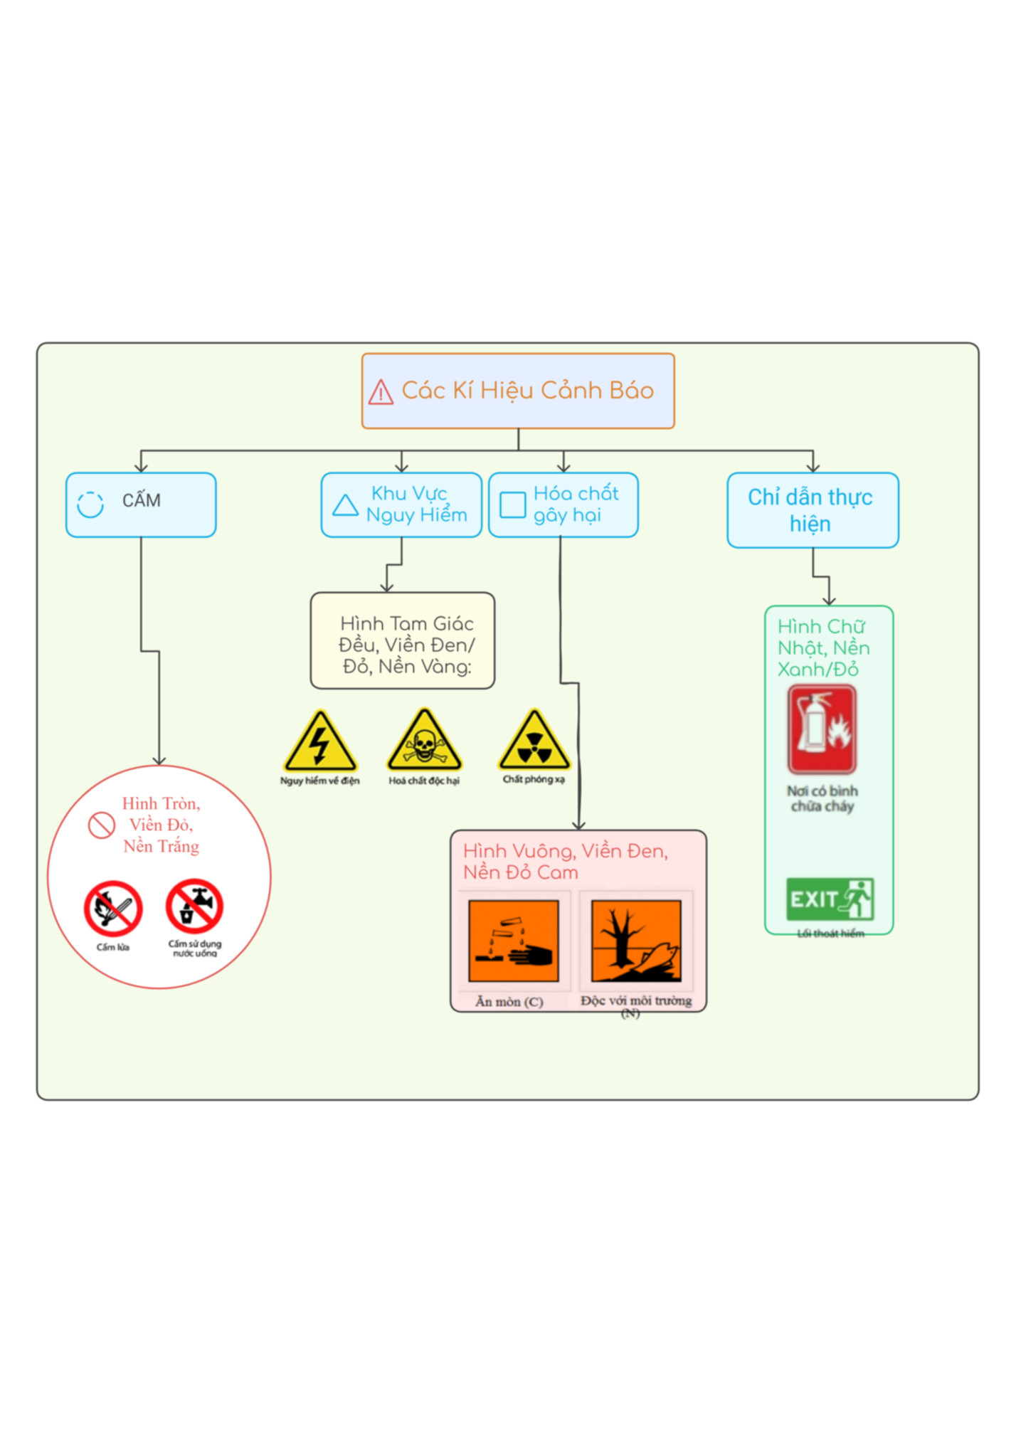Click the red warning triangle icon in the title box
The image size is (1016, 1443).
click(381, 392)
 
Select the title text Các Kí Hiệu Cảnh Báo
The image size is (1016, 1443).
click(528, 391)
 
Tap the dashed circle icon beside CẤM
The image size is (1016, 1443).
click(90, 504)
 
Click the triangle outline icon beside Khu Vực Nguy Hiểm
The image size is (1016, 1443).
click(346, 505)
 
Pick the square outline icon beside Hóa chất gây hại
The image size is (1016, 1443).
click(512, 505)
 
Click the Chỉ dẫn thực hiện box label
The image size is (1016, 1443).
click(810, 510)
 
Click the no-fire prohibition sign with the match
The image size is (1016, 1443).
click(113, 909)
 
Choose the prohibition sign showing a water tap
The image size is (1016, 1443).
click(195, 906)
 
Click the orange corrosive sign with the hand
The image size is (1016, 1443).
click(514, 941)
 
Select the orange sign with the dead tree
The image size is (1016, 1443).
click(636, 941)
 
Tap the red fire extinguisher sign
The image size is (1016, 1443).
click(822, 729)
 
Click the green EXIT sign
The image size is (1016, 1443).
click(830, 899)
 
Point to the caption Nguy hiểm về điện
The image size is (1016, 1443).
click(320, 781)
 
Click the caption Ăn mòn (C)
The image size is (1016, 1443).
click(509, 1002)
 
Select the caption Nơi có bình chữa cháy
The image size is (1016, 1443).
click(822, 798)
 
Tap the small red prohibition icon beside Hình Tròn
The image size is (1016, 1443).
click(102, 825)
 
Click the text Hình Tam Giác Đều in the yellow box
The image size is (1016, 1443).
click(406, 634)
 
